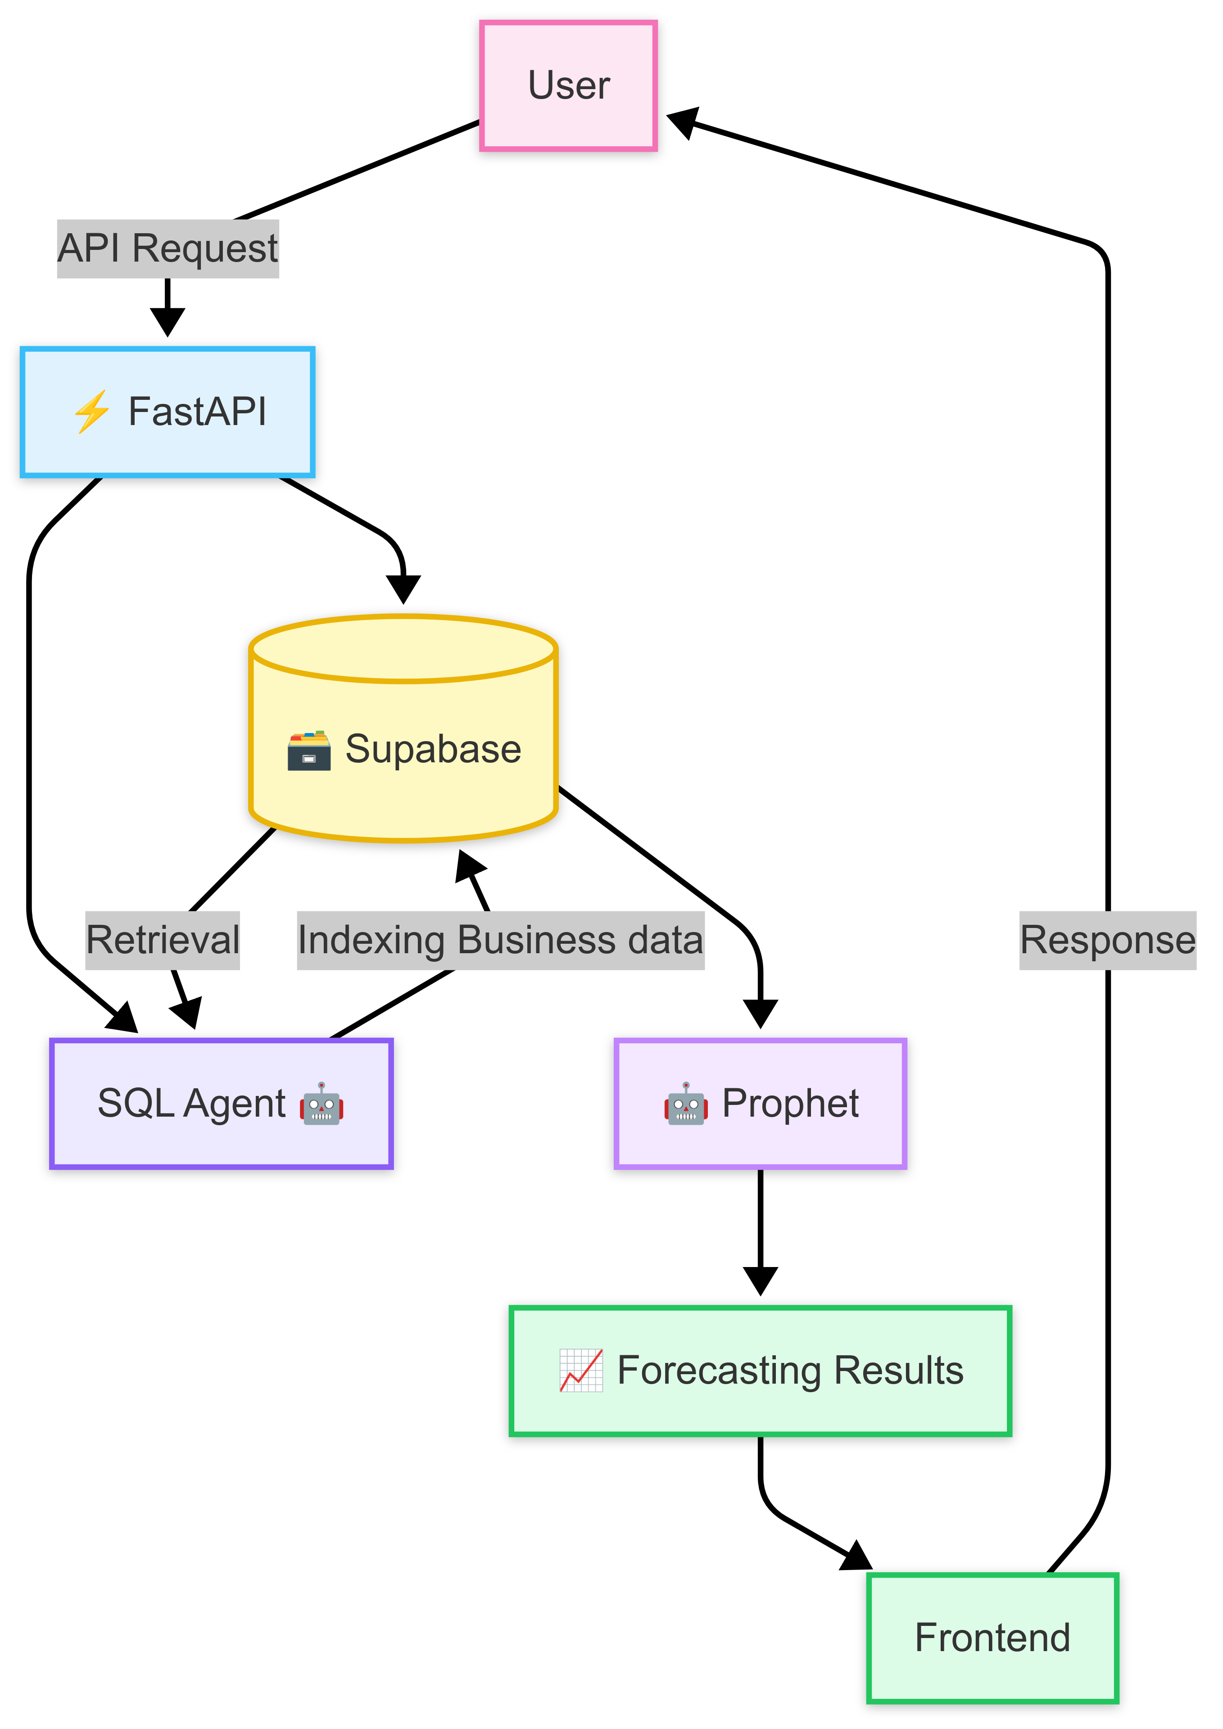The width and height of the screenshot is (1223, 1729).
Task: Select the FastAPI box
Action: pyautogui.click(x=167, y=412)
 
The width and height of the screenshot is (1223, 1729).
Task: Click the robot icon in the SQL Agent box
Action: pyautogui.click(x=322, y=1104)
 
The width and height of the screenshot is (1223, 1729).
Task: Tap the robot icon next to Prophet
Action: pyautogui.click(x=685, y=1104)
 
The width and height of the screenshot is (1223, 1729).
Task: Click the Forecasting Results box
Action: pyautogui.click(x=761, y=1371)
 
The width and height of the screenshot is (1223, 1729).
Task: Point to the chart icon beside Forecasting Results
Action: pyautogui.click(x=580, y=1371)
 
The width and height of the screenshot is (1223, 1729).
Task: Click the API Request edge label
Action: pyautogui.click(x=168, y=249)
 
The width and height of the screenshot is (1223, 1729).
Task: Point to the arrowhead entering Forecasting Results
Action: pyautogui.click(x=761, y=1280)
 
